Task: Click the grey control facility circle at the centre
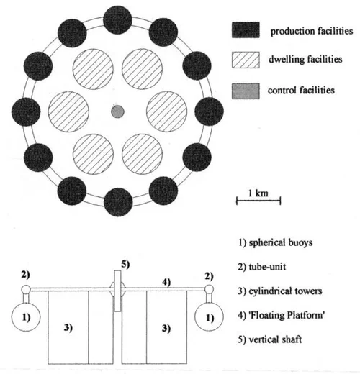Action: click(x=117, y=111)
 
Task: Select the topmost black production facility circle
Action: click(x=117, y=20)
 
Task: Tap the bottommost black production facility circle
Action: click(x=118, y=202)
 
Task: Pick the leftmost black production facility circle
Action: click(x=26, y=111)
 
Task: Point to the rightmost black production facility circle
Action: click(x=210, y=111)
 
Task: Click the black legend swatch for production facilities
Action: click(x=246, y=29)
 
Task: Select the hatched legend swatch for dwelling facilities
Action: click(x=246, y=60)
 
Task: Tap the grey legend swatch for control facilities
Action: click(x=246, y=91)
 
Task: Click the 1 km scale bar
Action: click(x=258, y=201)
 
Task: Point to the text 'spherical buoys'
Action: click(x=281, y=242)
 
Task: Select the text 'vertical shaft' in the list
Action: click(x=275, y=339)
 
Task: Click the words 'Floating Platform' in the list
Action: click(x=287, y=315)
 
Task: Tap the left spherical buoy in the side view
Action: click(x=26, y=316)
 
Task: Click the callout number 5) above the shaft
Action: click(x=125, y=265)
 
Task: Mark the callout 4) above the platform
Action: click(x=166, y=282)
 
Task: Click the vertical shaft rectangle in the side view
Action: click(x=117, y=291)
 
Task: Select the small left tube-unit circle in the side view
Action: click(x=26, y=290)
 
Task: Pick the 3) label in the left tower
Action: click(x=68, y=328)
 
